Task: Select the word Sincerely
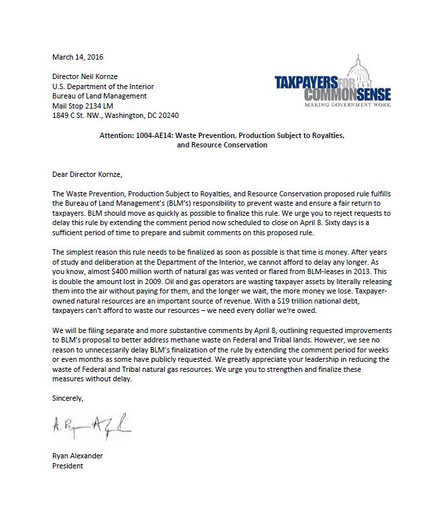(x=69, y=398)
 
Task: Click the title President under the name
(x=68, y=466)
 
